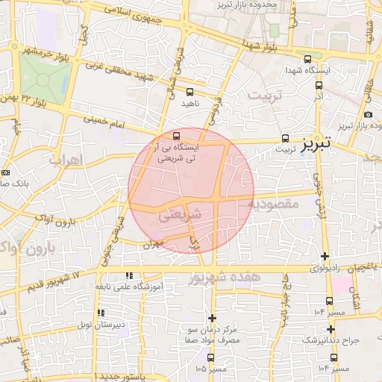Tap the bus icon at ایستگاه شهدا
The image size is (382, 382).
(308, 60)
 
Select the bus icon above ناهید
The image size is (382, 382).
(190, 93)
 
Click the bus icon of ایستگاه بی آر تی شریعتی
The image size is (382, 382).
(177, 137)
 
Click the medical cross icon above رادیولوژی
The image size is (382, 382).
(325, 256)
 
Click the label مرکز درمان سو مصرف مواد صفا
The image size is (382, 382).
(213, 334)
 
